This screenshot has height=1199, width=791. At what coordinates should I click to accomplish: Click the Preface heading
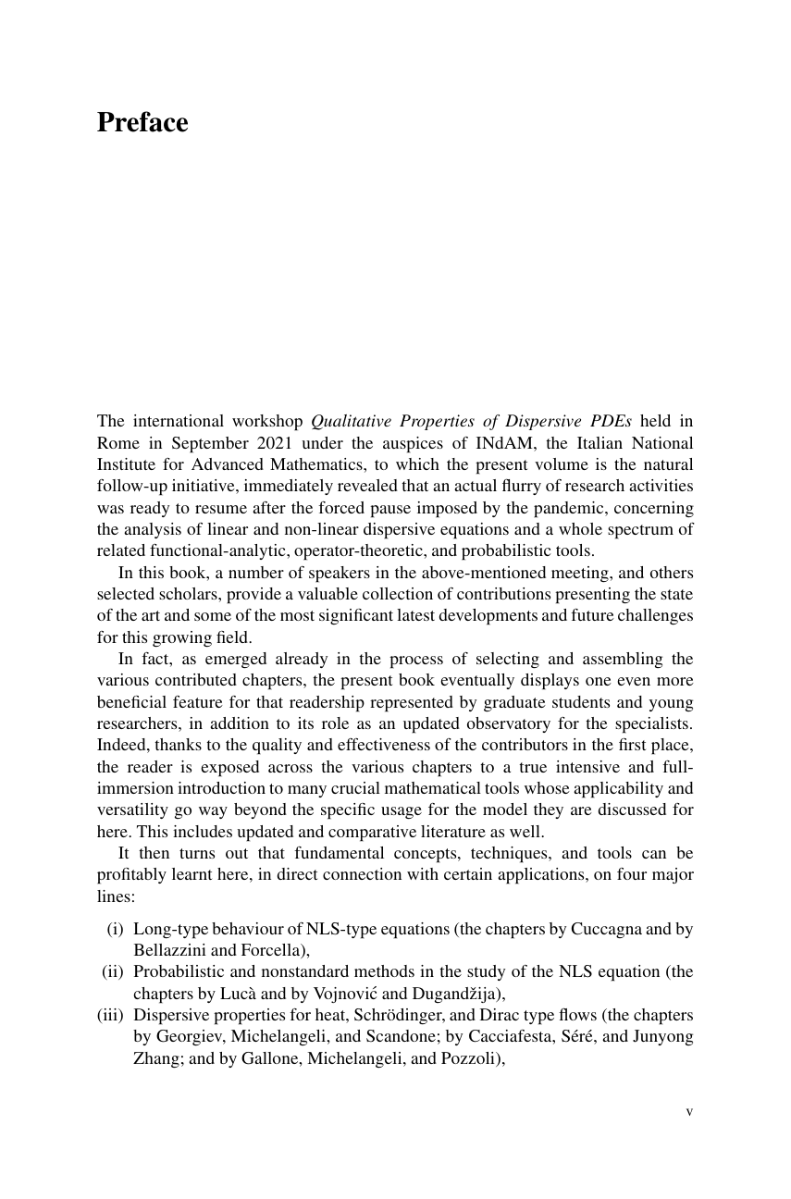tap(142, 123)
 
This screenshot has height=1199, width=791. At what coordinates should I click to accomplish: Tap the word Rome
tap(117, 442)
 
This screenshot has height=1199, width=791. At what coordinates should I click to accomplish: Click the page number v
tap(688, 1111)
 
